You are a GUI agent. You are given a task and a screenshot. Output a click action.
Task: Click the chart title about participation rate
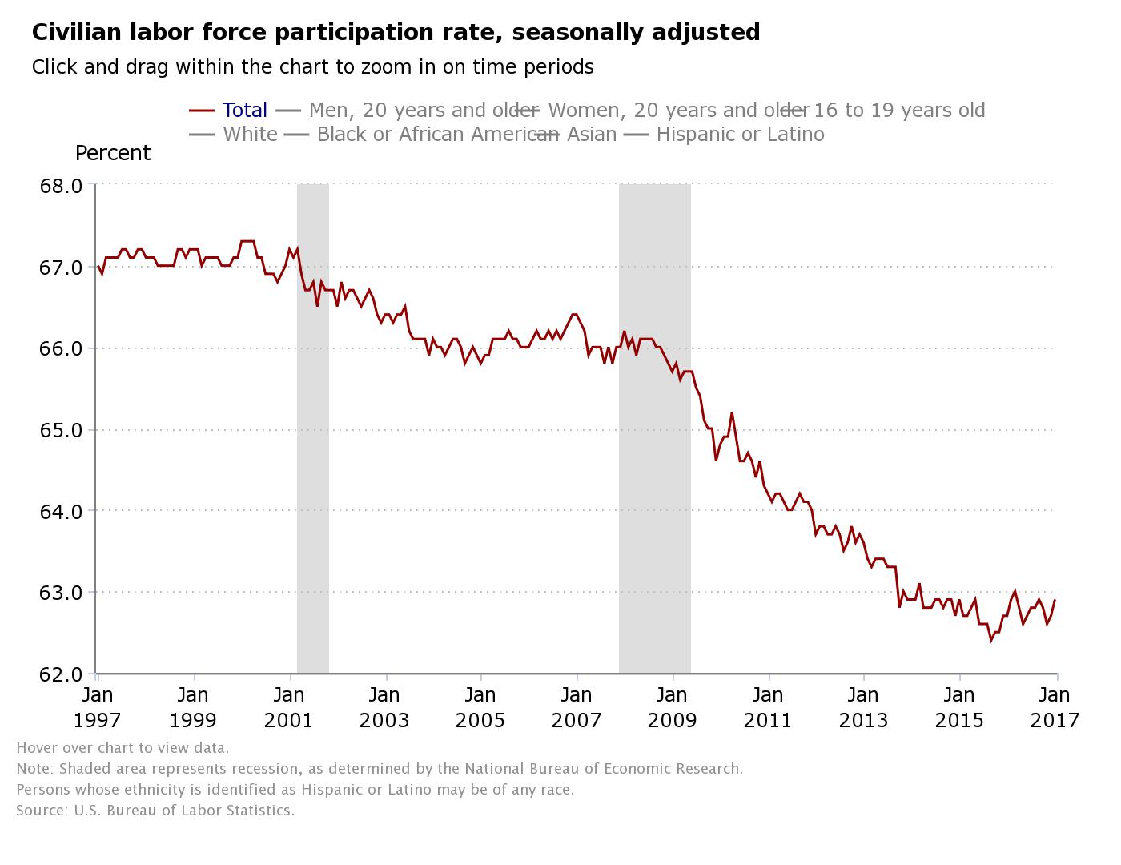point(396,32)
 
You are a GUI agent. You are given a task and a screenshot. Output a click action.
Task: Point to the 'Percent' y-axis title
point(113,153)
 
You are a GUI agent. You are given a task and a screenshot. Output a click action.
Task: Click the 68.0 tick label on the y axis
point(61,186)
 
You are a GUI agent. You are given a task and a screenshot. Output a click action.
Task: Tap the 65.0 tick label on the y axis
point(61,430)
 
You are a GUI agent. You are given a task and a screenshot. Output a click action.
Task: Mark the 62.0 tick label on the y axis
point(61,674)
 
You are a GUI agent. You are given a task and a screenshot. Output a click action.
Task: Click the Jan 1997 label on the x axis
point(98,707)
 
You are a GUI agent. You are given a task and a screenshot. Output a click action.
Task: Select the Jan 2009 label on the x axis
point(673,707)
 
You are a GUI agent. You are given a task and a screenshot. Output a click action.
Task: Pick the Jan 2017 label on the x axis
point(1055,707)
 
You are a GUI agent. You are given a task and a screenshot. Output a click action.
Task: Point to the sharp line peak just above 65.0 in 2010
point(732,413)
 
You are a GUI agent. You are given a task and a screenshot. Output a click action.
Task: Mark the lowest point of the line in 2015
point(991,640)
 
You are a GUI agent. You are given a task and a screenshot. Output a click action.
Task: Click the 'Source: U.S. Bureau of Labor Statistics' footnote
point(155,811)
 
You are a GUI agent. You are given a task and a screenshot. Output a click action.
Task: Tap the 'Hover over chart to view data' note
point(123,748)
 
